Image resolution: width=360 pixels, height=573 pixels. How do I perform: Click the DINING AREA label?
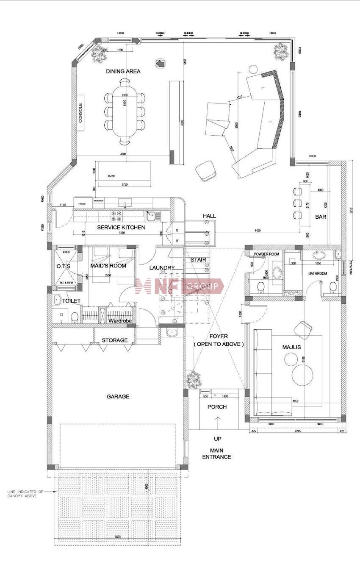[123, 71]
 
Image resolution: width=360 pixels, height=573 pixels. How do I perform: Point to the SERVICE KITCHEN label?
[121, 228]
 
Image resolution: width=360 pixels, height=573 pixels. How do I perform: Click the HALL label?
[209, 216]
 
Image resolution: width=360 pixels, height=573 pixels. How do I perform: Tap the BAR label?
[321, 217]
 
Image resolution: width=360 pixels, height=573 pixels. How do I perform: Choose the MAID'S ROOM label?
[108, 266]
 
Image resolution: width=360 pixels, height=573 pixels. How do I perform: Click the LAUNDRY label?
[162, 268]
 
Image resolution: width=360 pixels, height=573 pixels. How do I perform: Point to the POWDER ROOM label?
[267, 254]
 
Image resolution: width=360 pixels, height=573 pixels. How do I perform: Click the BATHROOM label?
[318, 274]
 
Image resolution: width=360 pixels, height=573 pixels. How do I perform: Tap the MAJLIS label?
[291, 348]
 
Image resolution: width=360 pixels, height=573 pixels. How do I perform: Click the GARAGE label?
[118, 397]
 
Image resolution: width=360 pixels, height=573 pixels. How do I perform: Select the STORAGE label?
[114, 340]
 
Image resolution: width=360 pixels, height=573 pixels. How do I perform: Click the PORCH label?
[217, 407]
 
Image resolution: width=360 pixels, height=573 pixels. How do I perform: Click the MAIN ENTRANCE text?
[216, 454]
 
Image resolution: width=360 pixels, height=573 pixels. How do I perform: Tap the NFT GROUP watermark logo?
[180, 286]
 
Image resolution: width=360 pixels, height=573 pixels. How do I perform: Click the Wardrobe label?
[120, 321]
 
